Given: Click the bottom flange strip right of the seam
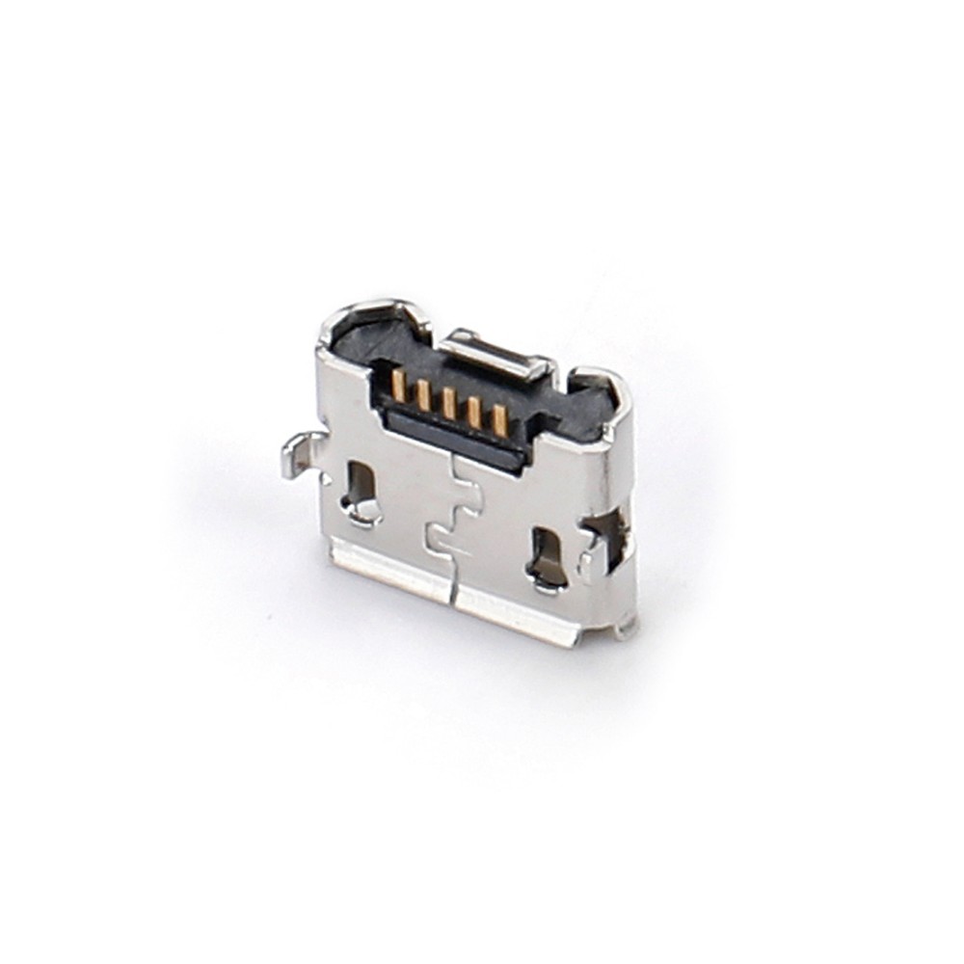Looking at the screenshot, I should click(x=516, y=617).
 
